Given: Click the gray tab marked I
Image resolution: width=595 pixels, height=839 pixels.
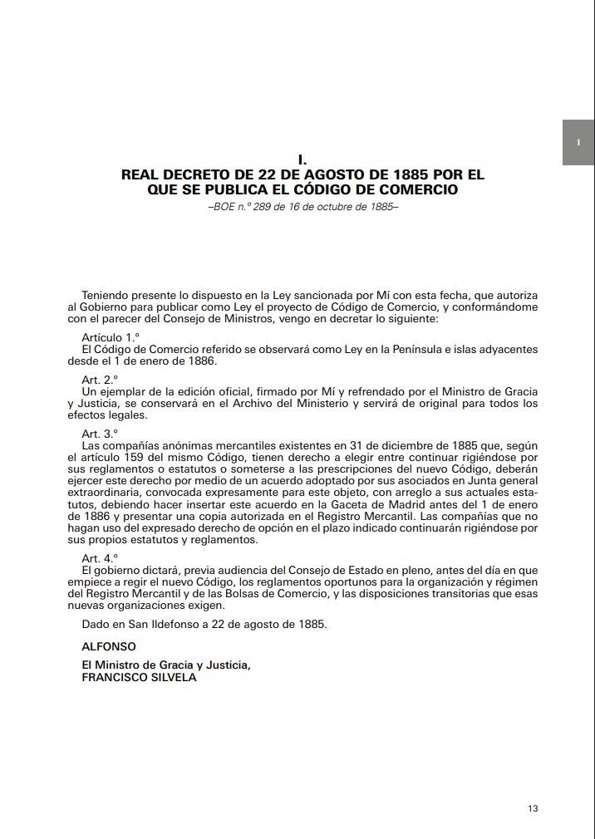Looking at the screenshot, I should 578,142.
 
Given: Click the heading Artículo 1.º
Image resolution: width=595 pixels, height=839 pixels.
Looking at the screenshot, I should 109,337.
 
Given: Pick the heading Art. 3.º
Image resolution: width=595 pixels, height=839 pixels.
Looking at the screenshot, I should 100,434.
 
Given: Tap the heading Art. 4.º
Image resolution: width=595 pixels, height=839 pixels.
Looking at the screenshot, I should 100,559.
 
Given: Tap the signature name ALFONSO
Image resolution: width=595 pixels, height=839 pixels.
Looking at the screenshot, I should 109,645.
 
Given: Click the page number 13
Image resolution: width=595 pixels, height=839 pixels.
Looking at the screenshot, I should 533,808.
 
